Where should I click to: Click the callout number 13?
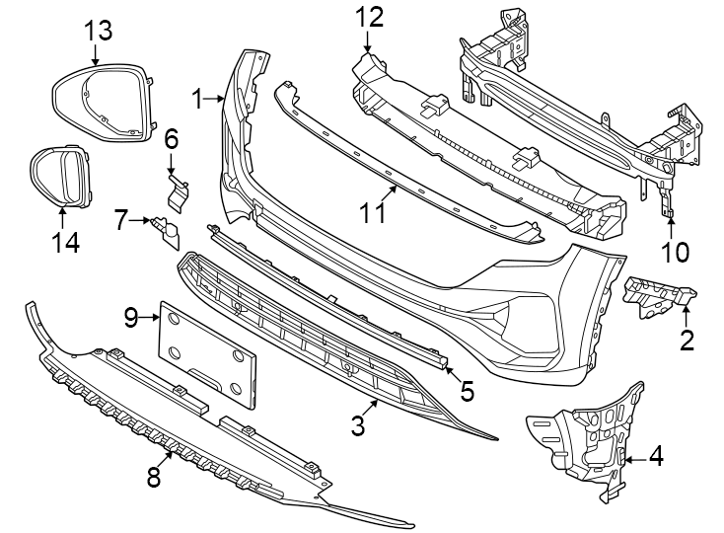[98, 30]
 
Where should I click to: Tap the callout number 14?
[65, 242]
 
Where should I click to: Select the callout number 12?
[368, 16]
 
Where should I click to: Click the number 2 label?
[687, 342]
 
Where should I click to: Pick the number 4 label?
[655, 457]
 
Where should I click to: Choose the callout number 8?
[153, 478]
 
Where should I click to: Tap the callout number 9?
[132, 317]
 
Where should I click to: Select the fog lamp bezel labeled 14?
[58, 177]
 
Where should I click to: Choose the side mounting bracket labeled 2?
[655, 296]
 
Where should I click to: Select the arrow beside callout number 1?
[217, 99]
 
